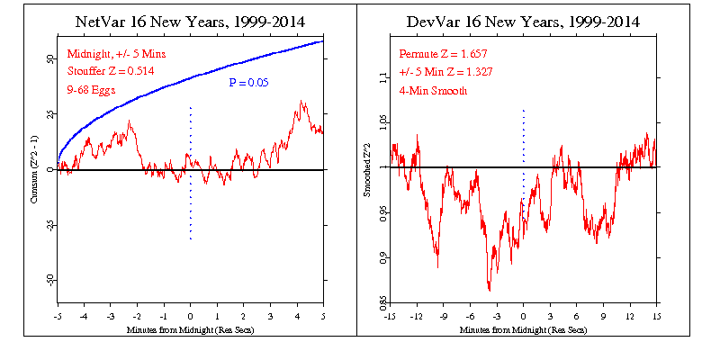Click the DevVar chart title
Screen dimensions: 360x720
click(x=523, y=21)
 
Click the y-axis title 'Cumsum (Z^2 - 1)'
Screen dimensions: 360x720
click(x=33, y=171)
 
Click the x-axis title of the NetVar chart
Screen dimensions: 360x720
click(x=190, y=330)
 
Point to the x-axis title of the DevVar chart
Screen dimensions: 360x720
click(x=523, y=330)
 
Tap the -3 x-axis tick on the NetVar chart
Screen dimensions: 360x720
click(x=110, y=316)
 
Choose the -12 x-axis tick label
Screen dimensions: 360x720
click(x=417, y=316)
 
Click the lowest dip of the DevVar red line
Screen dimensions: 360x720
click(x=489, y=290)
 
